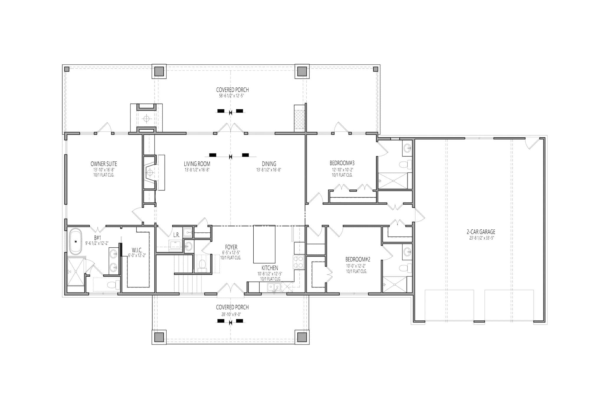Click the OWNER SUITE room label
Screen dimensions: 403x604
[x=104, y=164]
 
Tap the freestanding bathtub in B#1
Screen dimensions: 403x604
[x=75, y=241]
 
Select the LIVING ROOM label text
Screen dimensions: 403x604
[x=197, y=164]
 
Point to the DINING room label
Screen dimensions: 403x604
[x=269, y=164]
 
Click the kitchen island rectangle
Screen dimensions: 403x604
[x=264, y=244]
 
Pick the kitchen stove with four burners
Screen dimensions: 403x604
[x=298, y=262]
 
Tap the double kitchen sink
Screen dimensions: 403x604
[x=274, y=287]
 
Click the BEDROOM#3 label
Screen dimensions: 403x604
[x=342, y=163]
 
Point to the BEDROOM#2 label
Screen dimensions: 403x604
[x=357, y=260]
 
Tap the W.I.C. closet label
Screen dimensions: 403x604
[x=137, y=250]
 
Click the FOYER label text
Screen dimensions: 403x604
[x=231, y=247]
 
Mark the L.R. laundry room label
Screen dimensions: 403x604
[x=176, y=235]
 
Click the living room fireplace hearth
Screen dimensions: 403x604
[x=150, y=172]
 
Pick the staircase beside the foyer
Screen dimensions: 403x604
[x=184, y=273]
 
